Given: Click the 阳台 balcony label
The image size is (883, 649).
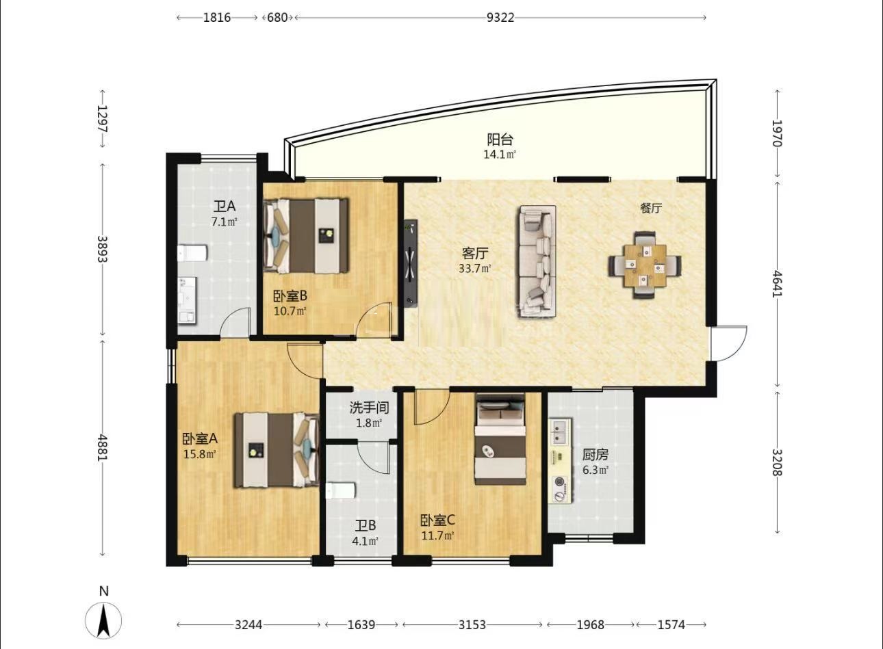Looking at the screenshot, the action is [x=500, y=140].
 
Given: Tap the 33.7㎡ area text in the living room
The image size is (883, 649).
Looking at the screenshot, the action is [x=475, y=269].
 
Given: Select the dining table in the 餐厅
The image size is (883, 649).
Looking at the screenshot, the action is [x=645, y=265].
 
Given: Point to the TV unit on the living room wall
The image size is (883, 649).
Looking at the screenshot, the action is [x=411, y=263].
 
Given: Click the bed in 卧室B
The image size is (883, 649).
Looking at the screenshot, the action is [x=306, y=235].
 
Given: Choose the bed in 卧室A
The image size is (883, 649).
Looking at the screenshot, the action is [x=277, y=450].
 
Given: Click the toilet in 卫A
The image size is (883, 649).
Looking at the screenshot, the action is [x=192, y=253].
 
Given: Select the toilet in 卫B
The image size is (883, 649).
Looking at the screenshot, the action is [x=341, y=491].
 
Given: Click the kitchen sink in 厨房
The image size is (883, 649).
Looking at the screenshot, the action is [x=561, y=431].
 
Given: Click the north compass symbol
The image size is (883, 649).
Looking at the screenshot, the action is [x=103, y=620].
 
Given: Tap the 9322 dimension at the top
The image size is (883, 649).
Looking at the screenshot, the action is [x=500, y=18].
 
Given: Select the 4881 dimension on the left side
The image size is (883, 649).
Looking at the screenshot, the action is [x=103, y=447].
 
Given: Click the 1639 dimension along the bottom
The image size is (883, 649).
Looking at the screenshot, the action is [x=361, y=624].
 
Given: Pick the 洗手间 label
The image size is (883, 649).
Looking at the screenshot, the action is [x=370, y=408].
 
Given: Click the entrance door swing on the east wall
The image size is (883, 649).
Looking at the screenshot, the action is [x=729, y=343].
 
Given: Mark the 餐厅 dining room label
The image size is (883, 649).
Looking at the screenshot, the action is [x=651, y=209].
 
